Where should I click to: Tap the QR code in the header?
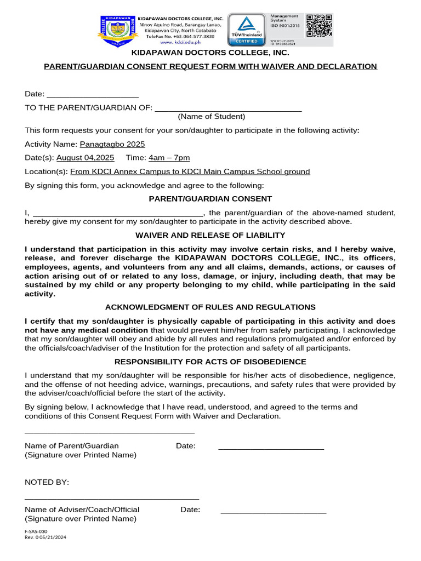coord(318,26)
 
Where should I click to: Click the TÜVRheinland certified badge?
coord(246,30)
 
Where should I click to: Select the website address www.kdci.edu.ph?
coord(177,42)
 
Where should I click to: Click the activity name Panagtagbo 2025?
coord(112,144)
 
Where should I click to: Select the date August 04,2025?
coord(86,158)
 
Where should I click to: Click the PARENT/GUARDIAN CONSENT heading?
coord(210,199)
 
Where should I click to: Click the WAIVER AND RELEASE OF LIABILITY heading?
coord(210,235)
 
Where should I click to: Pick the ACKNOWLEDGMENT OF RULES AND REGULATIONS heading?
coord(210,307)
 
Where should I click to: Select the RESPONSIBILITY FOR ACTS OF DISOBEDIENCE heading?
coord(210,362)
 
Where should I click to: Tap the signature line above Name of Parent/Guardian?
coord(110,433)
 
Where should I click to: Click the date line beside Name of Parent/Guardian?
coord(271,449)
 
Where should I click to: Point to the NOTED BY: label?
coord(47,482)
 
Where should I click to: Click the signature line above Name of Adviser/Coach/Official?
coord(112,498)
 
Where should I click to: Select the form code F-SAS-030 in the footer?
coord(36,531)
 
